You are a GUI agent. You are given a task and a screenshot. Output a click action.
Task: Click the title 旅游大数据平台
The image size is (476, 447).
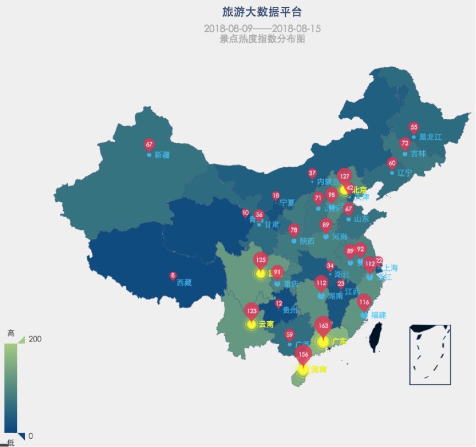pos(262,12)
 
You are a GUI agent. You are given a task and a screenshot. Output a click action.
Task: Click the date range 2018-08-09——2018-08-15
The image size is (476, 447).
pos(262,28)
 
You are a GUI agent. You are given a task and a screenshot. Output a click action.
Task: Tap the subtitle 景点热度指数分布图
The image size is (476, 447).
pos(262,39)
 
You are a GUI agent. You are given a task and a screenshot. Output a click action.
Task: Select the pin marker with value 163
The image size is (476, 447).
pos(323,325)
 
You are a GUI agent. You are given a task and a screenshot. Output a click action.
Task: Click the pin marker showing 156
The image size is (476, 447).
pos(303,355)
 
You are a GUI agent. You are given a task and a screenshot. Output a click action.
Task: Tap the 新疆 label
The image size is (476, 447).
pos(162,155)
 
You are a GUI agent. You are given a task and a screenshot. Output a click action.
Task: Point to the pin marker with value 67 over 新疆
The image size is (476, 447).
pos(149,144)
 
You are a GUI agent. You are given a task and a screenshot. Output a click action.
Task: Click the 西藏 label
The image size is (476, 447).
pos(184,283)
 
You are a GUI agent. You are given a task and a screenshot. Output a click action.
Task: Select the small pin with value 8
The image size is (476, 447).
pos(173,275)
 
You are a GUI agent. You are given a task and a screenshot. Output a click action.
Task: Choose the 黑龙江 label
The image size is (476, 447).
pos(430,137)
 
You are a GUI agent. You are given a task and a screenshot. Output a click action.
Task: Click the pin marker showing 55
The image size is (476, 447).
pos(414,128)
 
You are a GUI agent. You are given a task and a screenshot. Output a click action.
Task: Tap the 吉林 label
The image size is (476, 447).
pos(418,153)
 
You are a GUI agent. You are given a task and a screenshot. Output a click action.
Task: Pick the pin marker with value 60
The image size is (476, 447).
pos(392,163)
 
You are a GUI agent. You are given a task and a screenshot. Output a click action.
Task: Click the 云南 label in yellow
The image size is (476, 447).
pos(266,324)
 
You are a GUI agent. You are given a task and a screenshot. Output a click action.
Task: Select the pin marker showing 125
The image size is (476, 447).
pos(261,260)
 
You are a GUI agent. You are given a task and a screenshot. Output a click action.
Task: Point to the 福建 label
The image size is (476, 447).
pos(378,315)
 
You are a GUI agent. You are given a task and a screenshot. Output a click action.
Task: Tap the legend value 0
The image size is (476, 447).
pos(31,435)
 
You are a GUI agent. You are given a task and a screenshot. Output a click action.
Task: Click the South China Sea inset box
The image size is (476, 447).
pos(430,354)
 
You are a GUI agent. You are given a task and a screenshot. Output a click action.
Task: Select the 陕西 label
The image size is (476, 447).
pos(307,241)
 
